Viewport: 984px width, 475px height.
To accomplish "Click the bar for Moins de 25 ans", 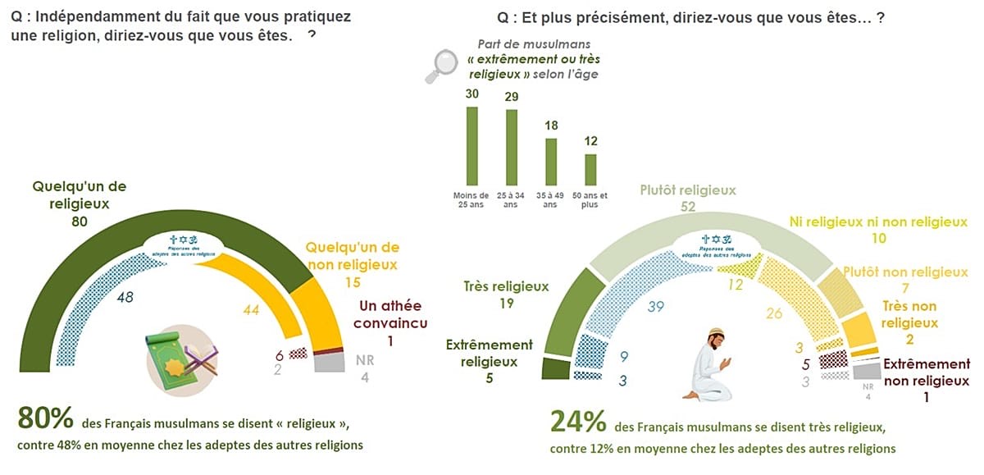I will (x=471, y=146).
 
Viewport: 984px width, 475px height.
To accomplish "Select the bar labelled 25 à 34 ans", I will (x=512, y=147).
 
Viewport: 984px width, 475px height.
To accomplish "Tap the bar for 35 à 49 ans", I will (x=551, y=162).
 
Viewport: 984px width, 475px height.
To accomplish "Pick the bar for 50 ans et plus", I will (x=590, y=170).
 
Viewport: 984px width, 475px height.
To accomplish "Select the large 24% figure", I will (x=578, y=422).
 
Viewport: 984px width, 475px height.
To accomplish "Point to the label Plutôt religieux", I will (x=687, y=190).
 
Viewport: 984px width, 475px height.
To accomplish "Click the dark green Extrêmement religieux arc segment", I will (x=557, y=367).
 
